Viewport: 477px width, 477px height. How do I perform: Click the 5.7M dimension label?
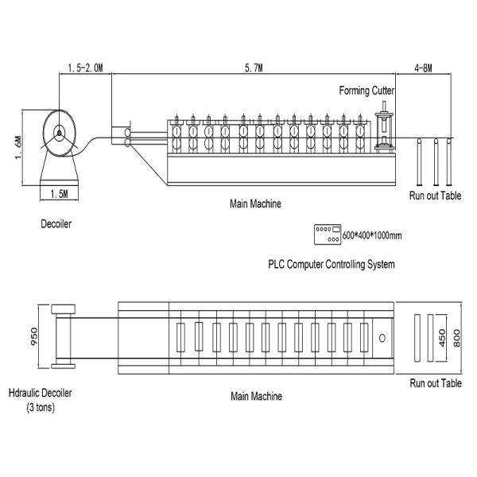coord(254,68)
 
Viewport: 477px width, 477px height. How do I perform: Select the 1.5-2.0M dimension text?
coord(86,68)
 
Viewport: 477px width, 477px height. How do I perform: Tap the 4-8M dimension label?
coord(423,68)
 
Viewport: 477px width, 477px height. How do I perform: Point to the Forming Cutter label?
coord(366,91)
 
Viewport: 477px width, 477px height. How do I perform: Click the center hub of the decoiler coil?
coord(60,133)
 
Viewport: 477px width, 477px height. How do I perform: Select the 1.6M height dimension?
coord(18,148)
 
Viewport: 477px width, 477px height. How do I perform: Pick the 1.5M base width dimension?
coord(59,194)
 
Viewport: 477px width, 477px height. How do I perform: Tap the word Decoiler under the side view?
coord(56,224)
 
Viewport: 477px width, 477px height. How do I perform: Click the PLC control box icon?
coord(328,235)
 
